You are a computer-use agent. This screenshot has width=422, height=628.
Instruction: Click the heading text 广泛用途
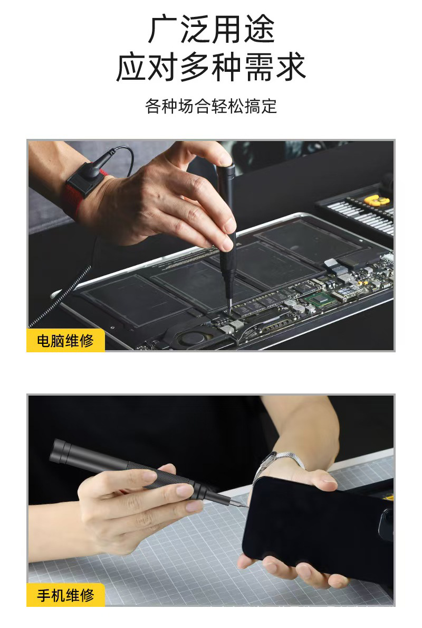tap(211, 30)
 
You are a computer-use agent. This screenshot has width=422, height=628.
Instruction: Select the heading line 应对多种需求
tap(211, 68)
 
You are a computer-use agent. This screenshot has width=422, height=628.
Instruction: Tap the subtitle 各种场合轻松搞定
tap(211, 106)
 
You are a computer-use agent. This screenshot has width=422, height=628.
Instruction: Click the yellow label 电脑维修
tap(65, 341)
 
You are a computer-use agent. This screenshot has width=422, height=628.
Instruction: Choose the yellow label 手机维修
tap(65, 595)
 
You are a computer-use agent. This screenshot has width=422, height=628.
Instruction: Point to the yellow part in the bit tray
tap(376, 201)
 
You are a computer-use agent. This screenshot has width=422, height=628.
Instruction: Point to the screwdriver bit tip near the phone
tap(246, 504)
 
